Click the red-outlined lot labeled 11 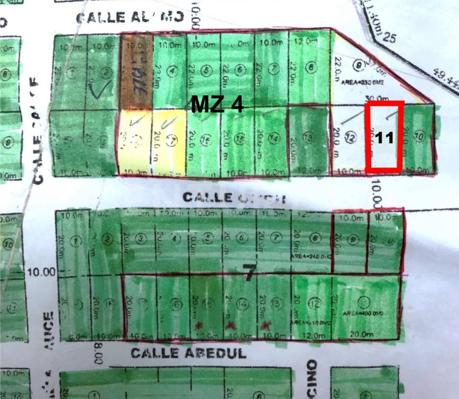click(384, 136)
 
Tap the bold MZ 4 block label click(217, 104)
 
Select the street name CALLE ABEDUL click(188, 353)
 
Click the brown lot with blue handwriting click(136, 71)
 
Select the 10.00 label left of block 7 click(43, 272)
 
